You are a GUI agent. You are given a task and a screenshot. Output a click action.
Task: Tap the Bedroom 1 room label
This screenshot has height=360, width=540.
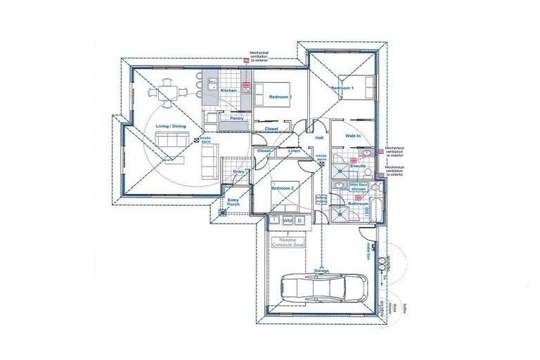[342, 88]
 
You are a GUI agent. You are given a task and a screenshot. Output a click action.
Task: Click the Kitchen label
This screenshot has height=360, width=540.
[229, 91]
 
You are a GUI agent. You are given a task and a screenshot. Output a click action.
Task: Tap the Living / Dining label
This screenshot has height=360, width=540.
[171, 126]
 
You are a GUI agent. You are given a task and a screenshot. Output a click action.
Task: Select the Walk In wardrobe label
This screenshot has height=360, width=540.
[353, 135]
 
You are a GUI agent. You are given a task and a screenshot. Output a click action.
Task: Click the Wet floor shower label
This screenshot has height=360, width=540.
[359, 188]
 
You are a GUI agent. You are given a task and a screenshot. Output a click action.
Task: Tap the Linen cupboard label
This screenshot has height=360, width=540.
[294, 151]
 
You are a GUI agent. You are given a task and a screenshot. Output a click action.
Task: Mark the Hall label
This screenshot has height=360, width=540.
[319, 138]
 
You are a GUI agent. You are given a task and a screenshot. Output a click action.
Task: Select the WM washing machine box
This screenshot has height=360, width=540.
[288, 221]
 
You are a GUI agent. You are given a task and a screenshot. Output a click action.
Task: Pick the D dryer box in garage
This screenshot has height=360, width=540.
[300, 221]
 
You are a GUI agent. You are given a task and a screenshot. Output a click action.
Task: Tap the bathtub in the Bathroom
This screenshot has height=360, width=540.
[375, 208]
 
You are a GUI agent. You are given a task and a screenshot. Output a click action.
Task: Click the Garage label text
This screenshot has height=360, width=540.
[321, 270]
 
